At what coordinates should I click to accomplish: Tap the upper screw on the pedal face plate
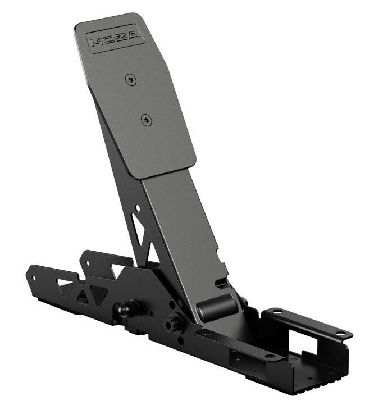(x=131, y=80)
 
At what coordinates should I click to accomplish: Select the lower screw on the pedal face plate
(x=146, y=119)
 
